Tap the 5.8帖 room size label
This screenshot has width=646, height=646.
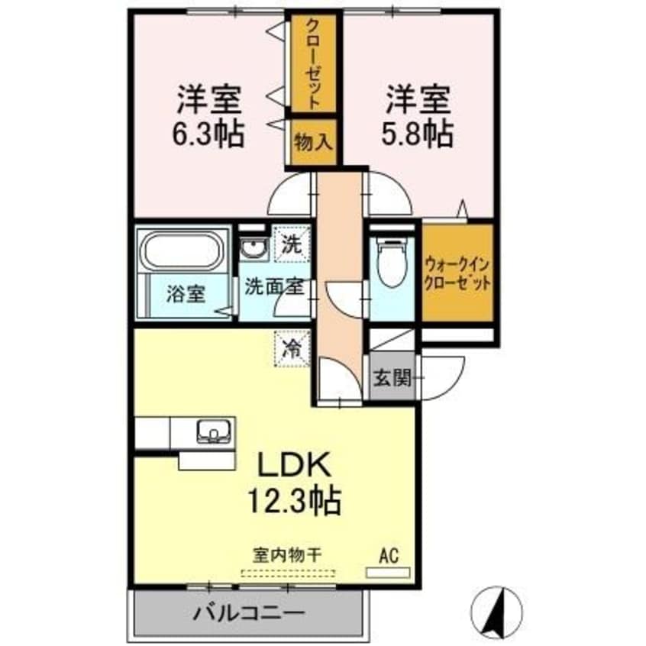pyautogui.click(x=418, y=134)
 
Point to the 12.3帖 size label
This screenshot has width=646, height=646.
pyautogui.click(x=292, y=501)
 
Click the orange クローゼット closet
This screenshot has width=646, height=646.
pyautogui.click(x=313, y=64)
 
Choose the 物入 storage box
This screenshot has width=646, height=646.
pyautogui.click(x=313, y=142)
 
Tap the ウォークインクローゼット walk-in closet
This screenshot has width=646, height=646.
pyautogui.click(x=457, y=272)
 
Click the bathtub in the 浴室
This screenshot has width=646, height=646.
pyautogui.click(x=182, y=250)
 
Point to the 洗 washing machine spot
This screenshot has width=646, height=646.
pyautogui.click(x=292, y=246)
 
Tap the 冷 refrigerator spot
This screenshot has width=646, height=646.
pyautogui.click(x=292, y=349)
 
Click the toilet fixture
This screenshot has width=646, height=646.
pyautogui.click(x=390, y=263)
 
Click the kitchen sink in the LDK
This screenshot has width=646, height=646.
pyautogui.click(x=215, y=432)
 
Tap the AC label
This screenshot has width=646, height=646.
pyautogui.click(x=388, y=555)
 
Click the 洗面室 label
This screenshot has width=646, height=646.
pyautogui.click(x=274, y=288)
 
